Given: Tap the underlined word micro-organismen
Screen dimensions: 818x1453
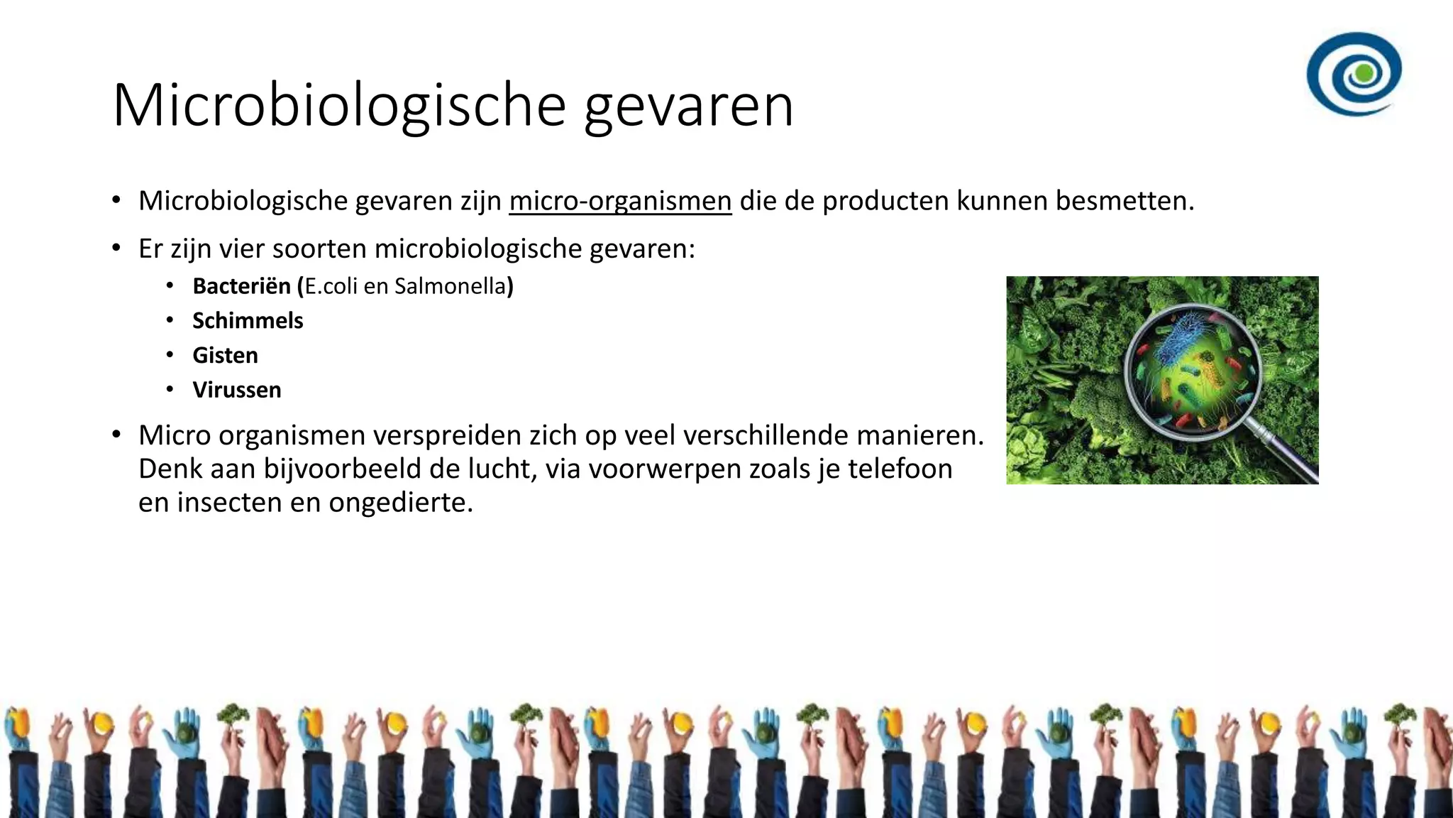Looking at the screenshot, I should (620, 201).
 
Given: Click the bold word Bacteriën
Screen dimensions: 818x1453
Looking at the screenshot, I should (241, 286).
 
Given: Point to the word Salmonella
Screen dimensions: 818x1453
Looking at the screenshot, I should (451, 286).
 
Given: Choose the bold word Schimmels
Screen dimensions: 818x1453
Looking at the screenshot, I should (248, 321).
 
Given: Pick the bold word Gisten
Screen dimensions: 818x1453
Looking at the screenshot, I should (225, 355).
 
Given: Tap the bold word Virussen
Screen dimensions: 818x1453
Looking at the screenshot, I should (237, 390).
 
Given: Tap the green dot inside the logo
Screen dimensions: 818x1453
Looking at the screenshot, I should (1363, 72).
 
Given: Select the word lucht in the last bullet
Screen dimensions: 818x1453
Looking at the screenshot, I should (507, 469).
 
